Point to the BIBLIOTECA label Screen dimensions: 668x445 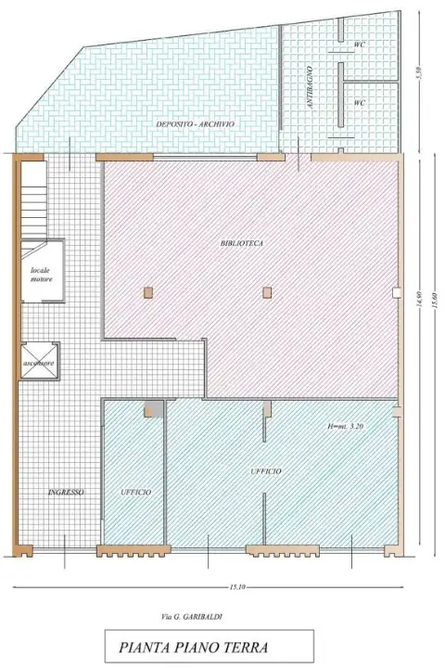(x=242, y=243)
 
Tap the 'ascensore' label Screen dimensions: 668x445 (x=41, y=363)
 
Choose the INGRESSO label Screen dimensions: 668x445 (x=66, y=493)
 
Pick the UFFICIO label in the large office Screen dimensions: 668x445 (x=266, y=472)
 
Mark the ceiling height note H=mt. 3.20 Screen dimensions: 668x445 (x=348, y=426)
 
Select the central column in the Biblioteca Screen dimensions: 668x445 (x=267, y=292)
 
